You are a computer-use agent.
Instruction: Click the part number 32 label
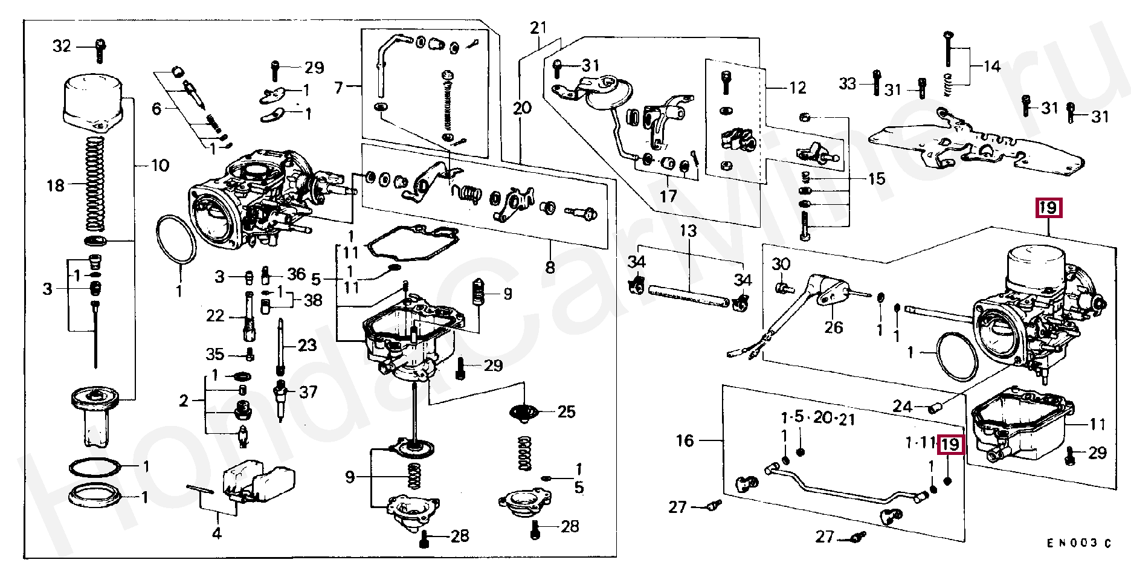pyautogui.click(x=62, y=46)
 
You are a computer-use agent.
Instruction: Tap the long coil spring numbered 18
pyautogui.click(x=95, y=184)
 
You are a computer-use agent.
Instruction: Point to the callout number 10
pyautogui.click(x=159, y=166)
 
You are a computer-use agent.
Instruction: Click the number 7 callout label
pyautogui.click(x=339, y=88)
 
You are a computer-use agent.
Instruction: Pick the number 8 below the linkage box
pyautogui.click(x=549, y=267)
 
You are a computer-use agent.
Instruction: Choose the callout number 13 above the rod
pyautogui.click(x=688, y=231)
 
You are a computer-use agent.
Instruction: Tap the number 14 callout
pyautogui.click(x=992, y=66)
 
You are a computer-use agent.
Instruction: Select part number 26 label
pyautogui.click(x=833, y=327)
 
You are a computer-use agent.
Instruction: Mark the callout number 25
pyautogui.click(x=566, y=412)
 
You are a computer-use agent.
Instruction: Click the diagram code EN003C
pyautogui.click(x=1079, y=543)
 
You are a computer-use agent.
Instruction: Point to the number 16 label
pyautogui.click(x=685, y=440)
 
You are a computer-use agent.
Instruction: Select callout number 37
pyautogui.click(x=308, y=392)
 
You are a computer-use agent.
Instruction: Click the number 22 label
pyautogui.click(x=215, y=316)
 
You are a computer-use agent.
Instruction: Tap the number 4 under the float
pyautogui.click(x=216, y=533)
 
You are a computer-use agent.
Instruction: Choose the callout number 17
pyautogui.click(x=668, y=196)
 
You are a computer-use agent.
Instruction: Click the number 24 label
pyautogui.click(x=902, y=407)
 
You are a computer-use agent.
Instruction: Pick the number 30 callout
pyautogui.click(x=781, y=264)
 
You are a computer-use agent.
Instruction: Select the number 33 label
pyautogui.click(x=848, y=83)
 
